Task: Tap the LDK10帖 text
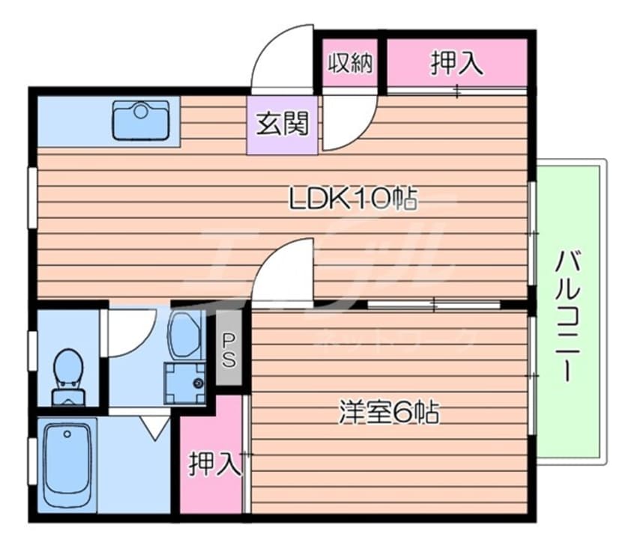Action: [353, 198]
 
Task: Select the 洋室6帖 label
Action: [388, 413]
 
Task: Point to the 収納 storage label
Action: [350, 64]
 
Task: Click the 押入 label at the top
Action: [456, 64]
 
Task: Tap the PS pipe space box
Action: [229, 351]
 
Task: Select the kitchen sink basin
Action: [141, 121]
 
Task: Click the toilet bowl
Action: [68, 371]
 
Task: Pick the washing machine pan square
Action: [184, 383]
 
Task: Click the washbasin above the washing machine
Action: [184, 336]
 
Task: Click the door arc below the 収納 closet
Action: [347, 124]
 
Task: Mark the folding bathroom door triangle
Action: [154, 426]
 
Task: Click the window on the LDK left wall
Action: [32, 196]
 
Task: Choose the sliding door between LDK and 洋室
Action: [435, 303]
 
